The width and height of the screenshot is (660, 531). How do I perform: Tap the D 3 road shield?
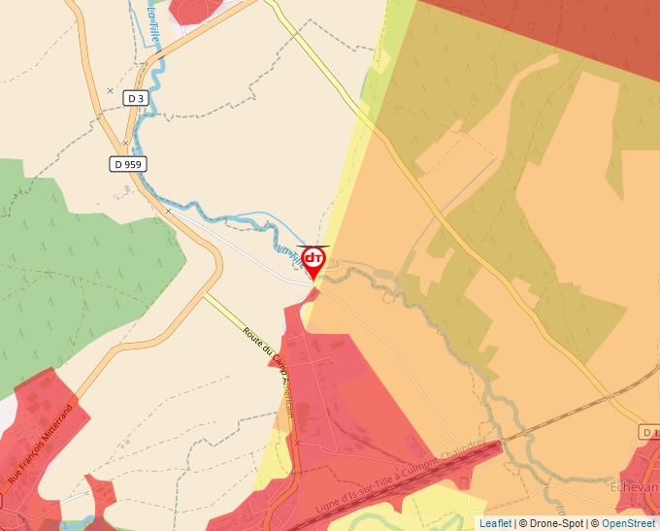[x=135, y=98]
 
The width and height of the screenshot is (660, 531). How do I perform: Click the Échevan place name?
[x=639, y=486]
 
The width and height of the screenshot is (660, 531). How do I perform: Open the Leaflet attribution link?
[x=495, y=523]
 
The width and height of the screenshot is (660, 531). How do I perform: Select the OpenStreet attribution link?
[x=628, y=523]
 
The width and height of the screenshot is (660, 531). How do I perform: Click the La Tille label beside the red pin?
[x=290, y=257]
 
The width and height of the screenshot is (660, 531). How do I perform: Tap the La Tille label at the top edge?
[x=153, y=19]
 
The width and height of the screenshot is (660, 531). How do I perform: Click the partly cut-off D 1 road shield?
[x=649, y=431]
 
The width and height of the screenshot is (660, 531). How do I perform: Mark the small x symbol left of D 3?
[x=110, y=90]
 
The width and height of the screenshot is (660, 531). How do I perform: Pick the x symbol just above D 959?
[x=125, y=143]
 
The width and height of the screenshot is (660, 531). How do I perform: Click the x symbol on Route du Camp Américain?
[x=298, y=443]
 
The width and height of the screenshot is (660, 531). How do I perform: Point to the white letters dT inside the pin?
[x=313, y=258]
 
